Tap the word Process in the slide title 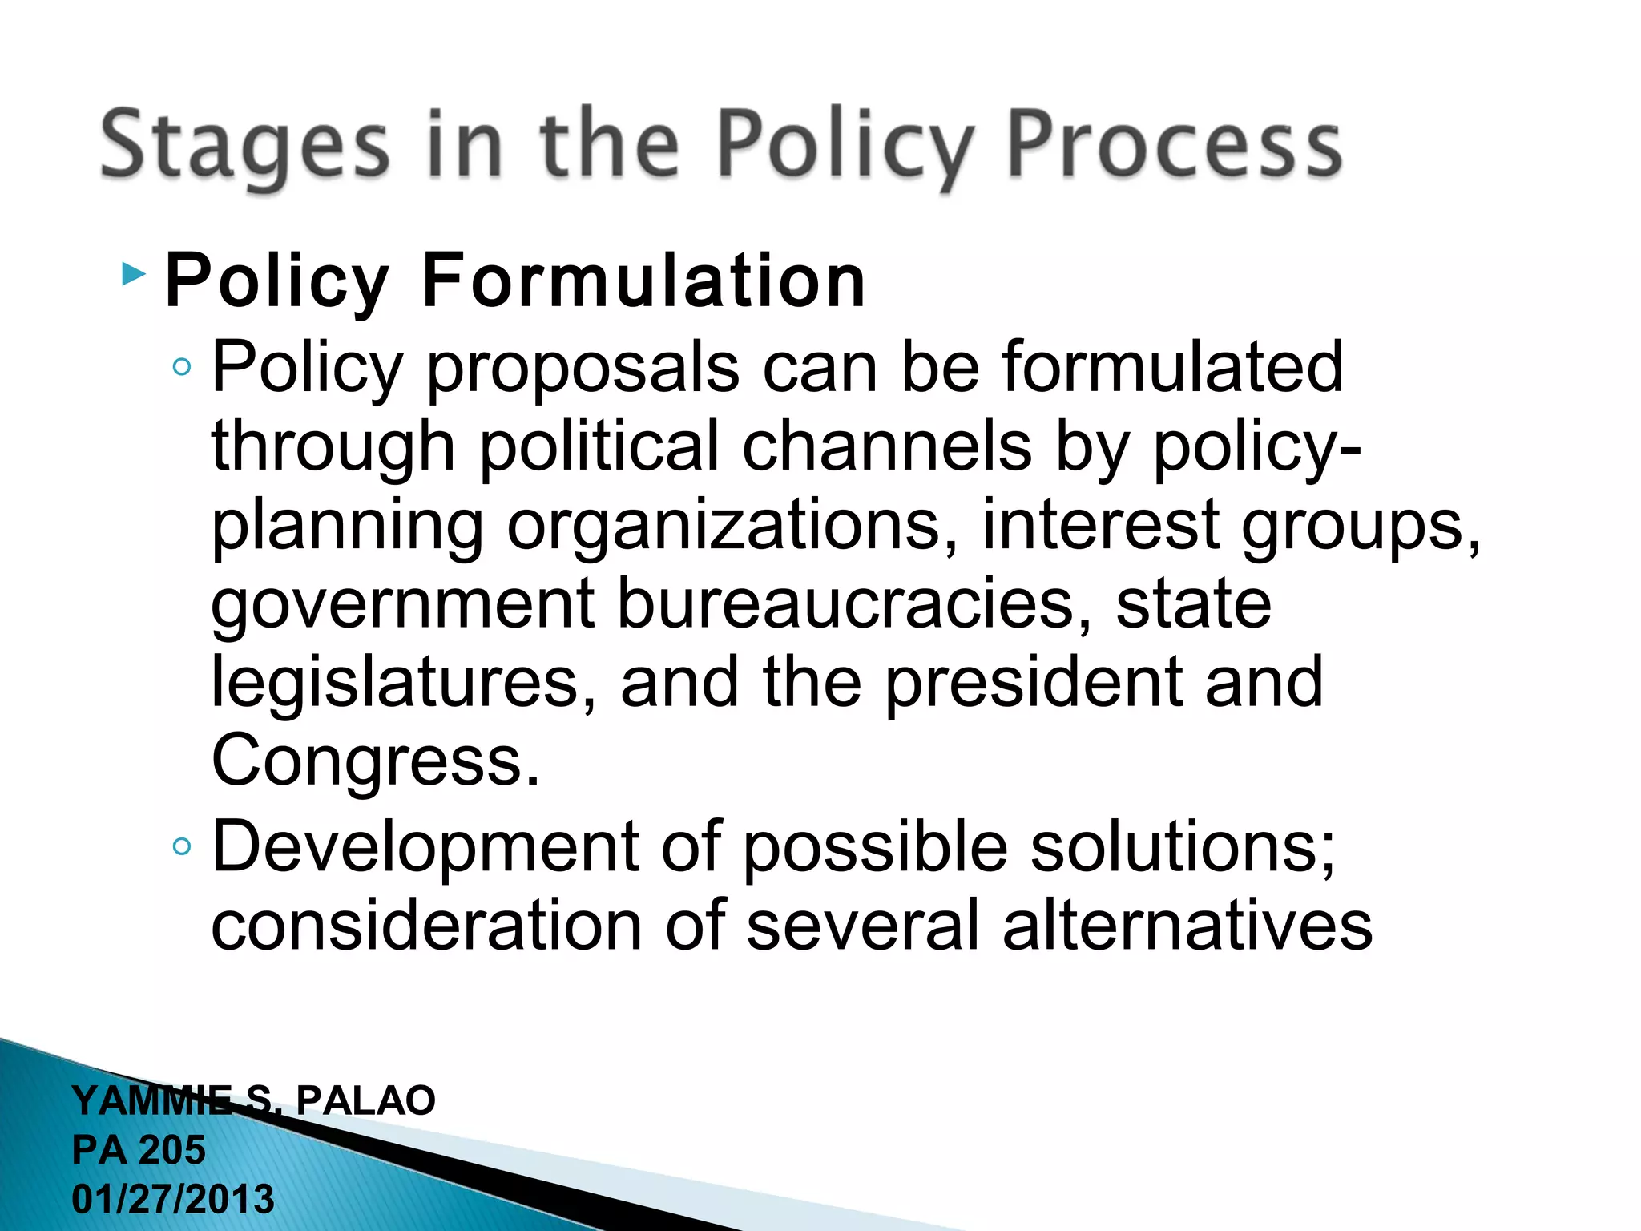point(1173,144)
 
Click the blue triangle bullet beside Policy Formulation point(134,275)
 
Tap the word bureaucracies point(854,603)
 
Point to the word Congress point(375,760)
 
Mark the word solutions point(1183,847)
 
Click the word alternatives point(1187,926)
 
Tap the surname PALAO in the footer point(365,1100)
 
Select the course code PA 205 point(139,1150)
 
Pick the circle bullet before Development point(182,846)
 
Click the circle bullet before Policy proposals point(182,367)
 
